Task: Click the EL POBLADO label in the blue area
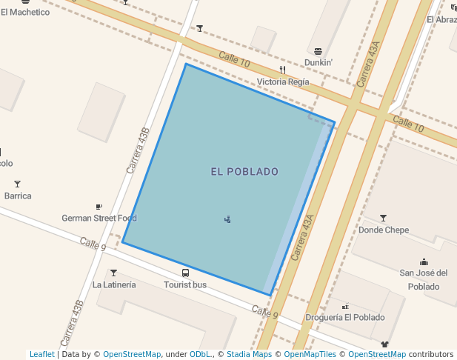pyautogui.click(x=244, y=172)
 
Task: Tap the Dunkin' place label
pyautogui.click(x=318, y=63)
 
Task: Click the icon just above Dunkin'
pyautogui.click(x=318, y=51)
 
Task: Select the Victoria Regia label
pyautogui.click(x=283, y=82)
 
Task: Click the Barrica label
pyautogui.click(x=18, y=196)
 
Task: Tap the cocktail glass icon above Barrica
pyautogui.click(x=18, y=184)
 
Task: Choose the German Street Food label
pyautogui.click(x=99, y=219)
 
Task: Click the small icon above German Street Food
pyautogui.click(x=99, y=207)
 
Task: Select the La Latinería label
pyautogui.click(x=114, y=284)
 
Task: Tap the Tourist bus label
pyautogui.click(x=185, y=284)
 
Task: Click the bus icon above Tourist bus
pyautogui.click(x=185, y=273)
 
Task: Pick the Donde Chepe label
pyautogui.click(x=384, y=230)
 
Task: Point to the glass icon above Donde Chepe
pyautogui.click(x=383, y=218)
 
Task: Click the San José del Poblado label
pyautogui.click(x=424, y=280)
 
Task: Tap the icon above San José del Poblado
pyautogui.click(x=424, y=261)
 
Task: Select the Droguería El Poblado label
pyautogui.click(x=345, y=318)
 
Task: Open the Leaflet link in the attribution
pyautogui.click(x=42, y=355)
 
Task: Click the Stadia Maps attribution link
pyautogui.click(x=249, y=355)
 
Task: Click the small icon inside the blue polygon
pyautogui.click(x=227, y=219)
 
